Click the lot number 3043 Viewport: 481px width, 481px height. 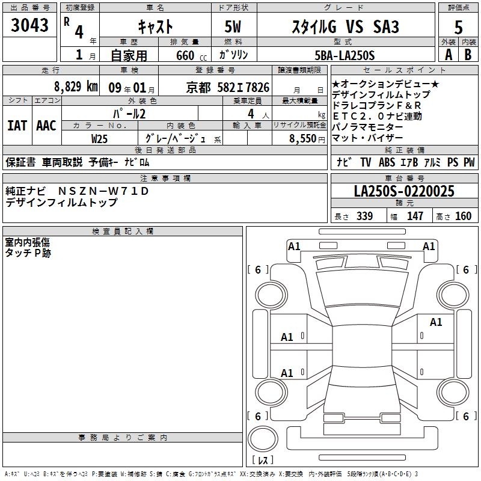point(30,26)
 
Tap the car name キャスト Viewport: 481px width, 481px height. point(155,26)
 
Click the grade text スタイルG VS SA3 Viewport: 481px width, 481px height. point(345,26)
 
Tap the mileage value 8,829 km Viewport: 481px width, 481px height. point(76,87)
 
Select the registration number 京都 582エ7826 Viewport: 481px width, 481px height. point(228,87)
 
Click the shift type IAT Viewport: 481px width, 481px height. point(17,126)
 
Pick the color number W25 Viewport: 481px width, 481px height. point(100,138)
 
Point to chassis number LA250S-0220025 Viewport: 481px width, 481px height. point(404,191)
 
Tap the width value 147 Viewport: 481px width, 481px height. point(415,216)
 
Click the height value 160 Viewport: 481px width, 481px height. point(463,216)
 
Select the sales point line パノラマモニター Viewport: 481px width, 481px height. point(367,127)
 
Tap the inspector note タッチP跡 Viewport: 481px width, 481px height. point(28,253)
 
